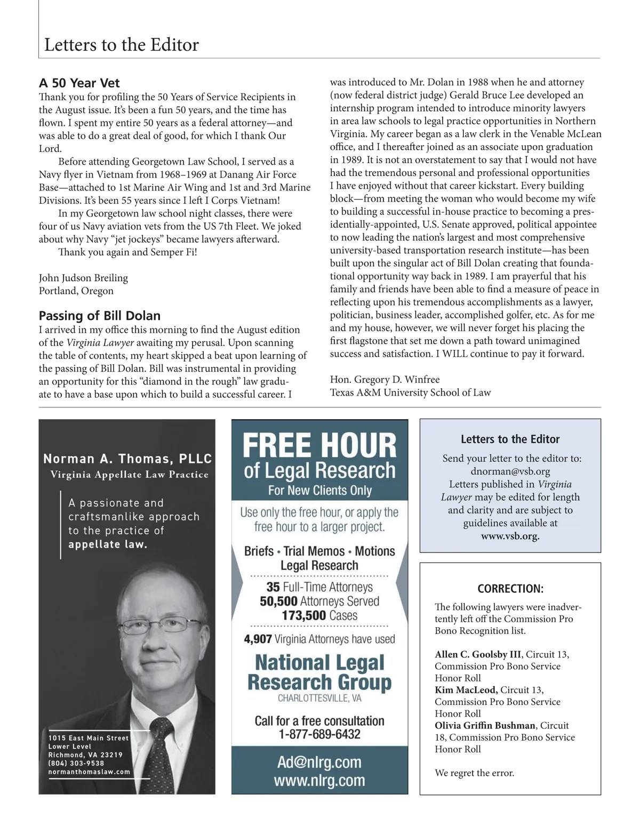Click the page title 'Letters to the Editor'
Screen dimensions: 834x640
coord(122,45)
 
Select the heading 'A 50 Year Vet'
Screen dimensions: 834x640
coord(79,83)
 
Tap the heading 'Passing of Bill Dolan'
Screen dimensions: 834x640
coord(100,315)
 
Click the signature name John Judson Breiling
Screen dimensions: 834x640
coord(83,278)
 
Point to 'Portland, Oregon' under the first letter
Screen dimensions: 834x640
coord(76,291)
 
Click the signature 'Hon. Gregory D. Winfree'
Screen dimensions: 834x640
coord(385,379)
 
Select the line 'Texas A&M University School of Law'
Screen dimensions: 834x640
coord(410,392)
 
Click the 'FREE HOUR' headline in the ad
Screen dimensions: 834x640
coord(319,446)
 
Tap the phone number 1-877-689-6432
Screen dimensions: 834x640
coord(319,734)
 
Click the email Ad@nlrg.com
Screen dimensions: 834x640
coord(319,762)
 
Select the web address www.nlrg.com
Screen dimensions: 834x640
coord(319,781)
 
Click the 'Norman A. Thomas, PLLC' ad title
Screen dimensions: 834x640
coord(127,459)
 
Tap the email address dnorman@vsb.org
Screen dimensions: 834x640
coord(510,471)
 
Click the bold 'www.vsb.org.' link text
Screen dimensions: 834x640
coord(510,536)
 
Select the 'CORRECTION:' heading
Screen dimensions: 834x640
coord(510,589)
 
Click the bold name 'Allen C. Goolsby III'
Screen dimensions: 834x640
coord(478,654)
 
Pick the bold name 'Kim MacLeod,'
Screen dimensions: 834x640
coord(466,690)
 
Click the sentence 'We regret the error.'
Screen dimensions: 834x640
coord(474,773)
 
